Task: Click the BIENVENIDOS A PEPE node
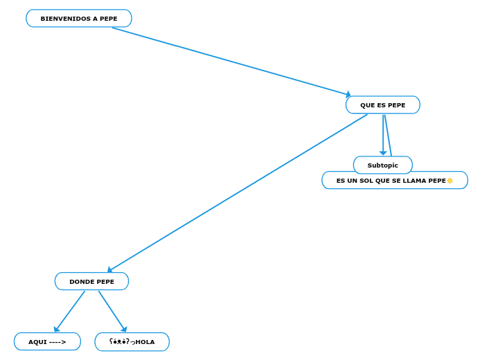(x=79, y=19)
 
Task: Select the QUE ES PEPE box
(x=383, y=105)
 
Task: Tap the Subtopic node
(x=383, y=165)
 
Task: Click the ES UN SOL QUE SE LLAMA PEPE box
(x=395, y=181)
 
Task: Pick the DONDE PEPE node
(x=91, y=282)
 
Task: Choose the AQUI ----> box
(x=47, y=342)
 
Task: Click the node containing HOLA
(x=132, y=342)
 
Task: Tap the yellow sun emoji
(x=450, y=181)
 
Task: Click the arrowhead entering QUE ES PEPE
(x=348, y=95)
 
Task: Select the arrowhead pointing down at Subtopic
(x=383, y=153)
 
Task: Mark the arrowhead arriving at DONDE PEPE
(x=109, y=270)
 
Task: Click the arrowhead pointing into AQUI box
(x=57, y=330)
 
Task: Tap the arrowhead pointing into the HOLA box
(x=124, y=330)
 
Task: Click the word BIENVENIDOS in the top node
(x=65, y=19)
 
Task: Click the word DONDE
(x=81, y=282)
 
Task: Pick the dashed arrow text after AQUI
(x=57, y=342)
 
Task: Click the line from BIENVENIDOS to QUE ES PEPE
(x=229, y=61)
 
